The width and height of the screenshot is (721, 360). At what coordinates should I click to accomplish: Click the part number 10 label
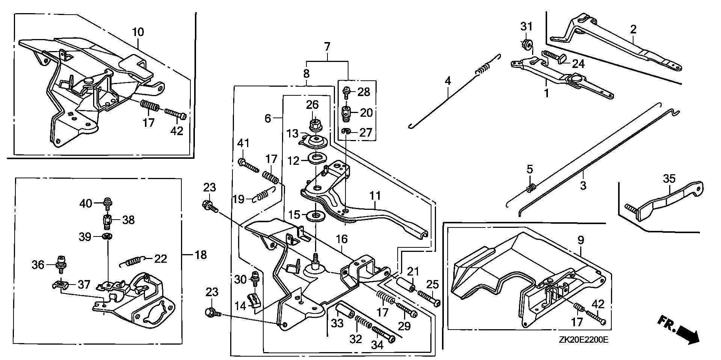[138, 32]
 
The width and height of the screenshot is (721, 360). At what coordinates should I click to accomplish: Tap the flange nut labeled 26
[314, 124]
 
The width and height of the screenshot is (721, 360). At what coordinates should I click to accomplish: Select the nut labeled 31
[526, 44]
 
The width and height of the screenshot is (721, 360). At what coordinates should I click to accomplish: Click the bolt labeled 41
[249, 166]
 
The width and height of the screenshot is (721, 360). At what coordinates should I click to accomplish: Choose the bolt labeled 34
[383, 334]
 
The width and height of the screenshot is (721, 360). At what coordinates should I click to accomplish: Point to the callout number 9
[581, 240]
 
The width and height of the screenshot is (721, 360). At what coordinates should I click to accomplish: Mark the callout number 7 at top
[327, 47]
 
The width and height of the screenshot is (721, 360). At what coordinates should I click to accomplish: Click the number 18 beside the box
[201, 255]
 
